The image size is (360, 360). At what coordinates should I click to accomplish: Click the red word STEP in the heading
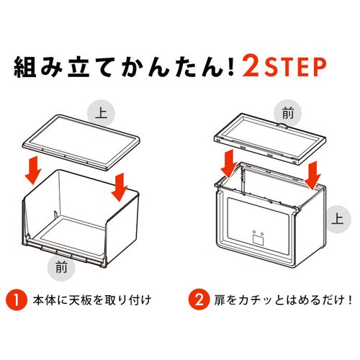pyautogui.click(x=295, y=66)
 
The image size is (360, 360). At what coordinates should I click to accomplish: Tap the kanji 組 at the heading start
pyautogui.click(x=24, y=66)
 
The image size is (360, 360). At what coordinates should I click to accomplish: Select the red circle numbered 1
pyautogui.click(x=17, y=300)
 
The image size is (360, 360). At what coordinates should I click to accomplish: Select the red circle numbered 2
pyautogui.click(x=199, y=300)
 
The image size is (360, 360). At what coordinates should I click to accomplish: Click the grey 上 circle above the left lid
pyautogui.click(x=101, y=113)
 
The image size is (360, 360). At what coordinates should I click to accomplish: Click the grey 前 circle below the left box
pyautogui.click(x=61, y=267)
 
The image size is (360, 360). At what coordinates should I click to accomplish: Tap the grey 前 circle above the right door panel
pyautogui.click(x=288, y=113)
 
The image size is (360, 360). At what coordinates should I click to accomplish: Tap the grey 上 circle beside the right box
pyautogui.click(x=337, y=219)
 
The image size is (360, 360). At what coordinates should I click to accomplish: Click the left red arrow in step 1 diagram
pyautogui.click(x=33, y=170)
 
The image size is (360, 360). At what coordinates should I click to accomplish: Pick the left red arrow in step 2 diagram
pyautogui.click(x=229, y=163)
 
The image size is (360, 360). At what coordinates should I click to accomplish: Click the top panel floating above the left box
pyautogui.click(x=81, y=143)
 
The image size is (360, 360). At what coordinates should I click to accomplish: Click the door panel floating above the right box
pyautogui.click(x=270, y=139)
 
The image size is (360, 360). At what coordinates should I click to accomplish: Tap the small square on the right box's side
pyautogui.click(x=258, y=240)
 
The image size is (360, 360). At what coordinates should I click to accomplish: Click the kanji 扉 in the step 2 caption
pyautogui.click(x=220, y=300)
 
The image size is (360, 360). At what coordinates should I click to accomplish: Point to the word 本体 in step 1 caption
pyautogui.click(x=45, y=300)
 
